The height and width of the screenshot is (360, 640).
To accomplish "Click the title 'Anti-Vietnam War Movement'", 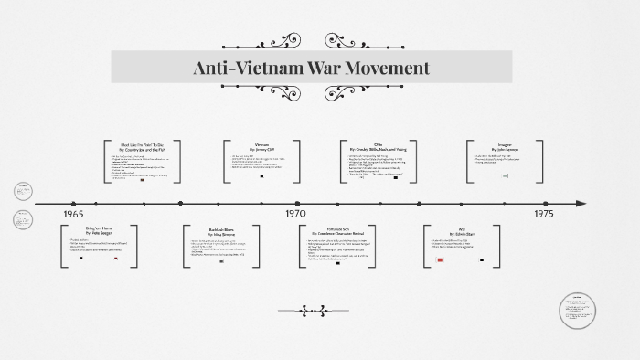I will [311, 69].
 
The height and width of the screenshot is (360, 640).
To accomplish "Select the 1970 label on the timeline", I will [295, 214].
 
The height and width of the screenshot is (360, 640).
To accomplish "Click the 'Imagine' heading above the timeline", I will [504, 143].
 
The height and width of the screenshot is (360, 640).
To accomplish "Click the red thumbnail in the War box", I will [441, 259].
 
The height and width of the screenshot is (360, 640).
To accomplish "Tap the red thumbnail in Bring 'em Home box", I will [116, 259].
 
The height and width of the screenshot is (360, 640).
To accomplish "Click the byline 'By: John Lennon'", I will [504, 150].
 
